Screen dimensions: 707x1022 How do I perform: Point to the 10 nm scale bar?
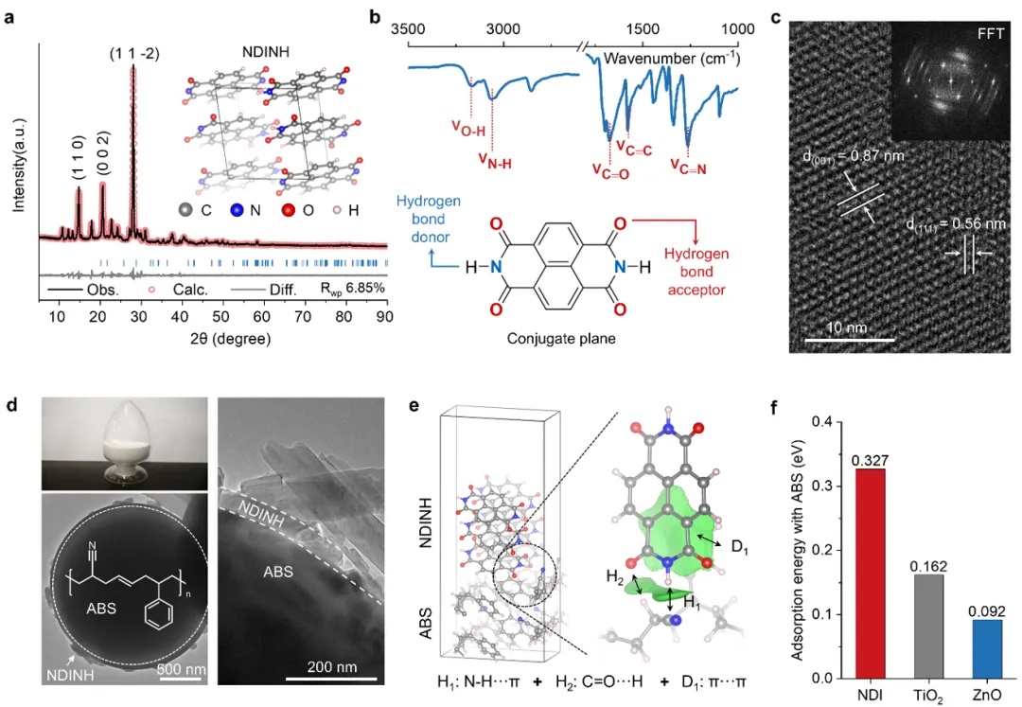click(x=849, y=338)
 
